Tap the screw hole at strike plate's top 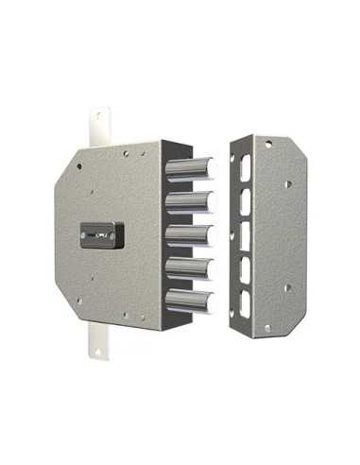pyautogui.click(x=268, y=144)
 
